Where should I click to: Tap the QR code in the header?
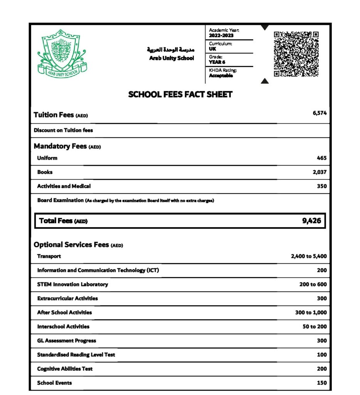coord(296,54)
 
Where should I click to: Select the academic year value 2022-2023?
coord(221,35)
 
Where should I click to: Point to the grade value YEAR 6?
coord(217,62)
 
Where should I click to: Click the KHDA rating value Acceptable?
coord(221,76)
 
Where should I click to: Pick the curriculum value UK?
coord(212,49)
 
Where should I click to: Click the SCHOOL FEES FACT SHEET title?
coord(180,95)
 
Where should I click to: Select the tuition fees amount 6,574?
coord(320,113)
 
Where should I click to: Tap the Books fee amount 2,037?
coord(320,172)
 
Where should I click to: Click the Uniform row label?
coord(47,158)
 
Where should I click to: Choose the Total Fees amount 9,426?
coord(312,221)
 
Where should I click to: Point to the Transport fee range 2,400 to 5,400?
coord(309,256)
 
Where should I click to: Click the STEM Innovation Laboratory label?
coord(72,284)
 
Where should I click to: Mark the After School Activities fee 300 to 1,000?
coord(311,312)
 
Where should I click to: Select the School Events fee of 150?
coord(322,383)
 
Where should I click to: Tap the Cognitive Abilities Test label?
coord(65,369)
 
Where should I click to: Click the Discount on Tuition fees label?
coord(63,130)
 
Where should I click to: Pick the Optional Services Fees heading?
coord(71,245)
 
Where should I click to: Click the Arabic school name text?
coord(170,50)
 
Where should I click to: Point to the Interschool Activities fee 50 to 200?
coord(315,327)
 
